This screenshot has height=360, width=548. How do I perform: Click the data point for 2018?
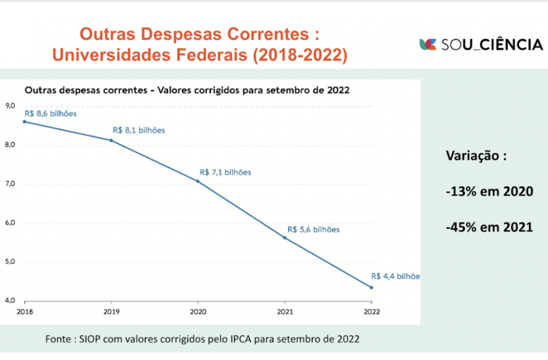24,122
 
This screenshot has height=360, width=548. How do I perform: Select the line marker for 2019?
111,140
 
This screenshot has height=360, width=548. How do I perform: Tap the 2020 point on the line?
198,181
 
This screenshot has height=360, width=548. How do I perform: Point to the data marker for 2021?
285,238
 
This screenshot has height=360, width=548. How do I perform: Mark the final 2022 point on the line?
371,287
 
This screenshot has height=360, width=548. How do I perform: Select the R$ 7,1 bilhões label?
225,173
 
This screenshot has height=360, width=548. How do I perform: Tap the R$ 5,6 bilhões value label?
313,230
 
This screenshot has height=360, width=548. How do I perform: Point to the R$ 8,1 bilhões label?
139,130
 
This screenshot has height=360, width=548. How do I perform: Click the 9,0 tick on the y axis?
10,106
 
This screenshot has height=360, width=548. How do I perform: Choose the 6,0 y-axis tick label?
10,223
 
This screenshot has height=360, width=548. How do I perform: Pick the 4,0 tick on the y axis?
10,301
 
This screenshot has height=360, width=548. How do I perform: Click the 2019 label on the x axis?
111,312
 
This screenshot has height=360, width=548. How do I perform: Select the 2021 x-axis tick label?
285,312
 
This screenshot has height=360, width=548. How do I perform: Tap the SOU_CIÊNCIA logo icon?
428,44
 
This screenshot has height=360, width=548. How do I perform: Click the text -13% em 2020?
489,192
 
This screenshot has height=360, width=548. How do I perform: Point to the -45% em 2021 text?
489,227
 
